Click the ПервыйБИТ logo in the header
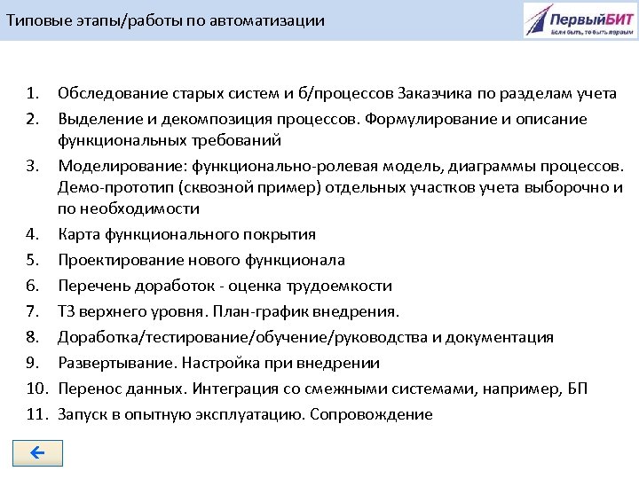[x=579, y=20]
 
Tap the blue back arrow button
[x=37, y=453]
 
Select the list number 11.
[x=35, y=414]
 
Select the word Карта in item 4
[x=78, y=234]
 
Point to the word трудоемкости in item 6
[x=339, y=286]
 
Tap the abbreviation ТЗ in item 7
[x=67, y=311]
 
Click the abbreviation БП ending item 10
[x=577, y=389]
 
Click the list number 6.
[x=33, y=286]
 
